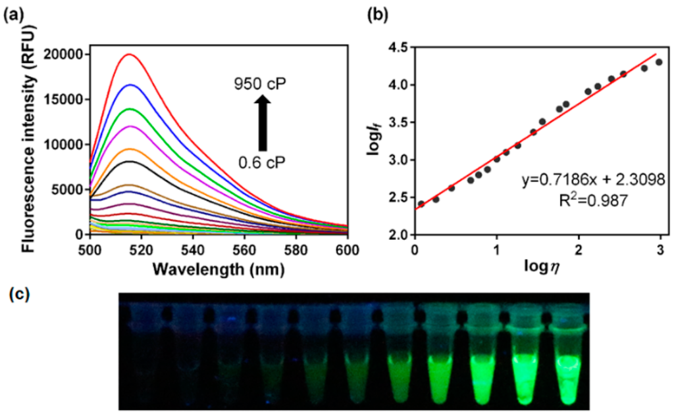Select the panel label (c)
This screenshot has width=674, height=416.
[13, 295]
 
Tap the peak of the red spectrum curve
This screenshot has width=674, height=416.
[129, 55]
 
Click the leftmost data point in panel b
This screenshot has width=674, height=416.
[421, 204]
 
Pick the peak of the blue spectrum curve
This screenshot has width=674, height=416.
[129, 85]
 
